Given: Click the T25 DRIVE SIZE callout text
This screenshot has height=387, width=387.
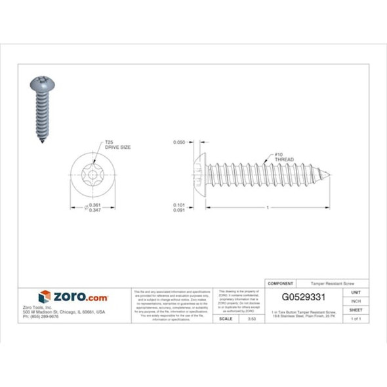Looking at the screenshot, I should (x=117, y=144).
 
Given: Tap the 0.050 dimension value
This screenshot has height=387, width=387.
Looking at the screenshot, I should (x=178, y=142).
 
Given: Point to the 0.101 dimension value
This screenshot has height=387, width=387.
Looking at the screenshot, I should (x=178, y=204).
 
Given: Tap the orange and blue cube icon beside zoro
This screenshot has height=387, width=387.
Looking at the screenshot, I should (x=44, y=297).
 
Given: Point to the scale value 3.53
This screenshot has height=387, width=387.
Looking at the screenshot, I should (x=251, y=318).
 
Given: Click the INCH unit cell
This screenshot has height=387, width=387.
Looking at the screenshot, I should (x=356, y=300).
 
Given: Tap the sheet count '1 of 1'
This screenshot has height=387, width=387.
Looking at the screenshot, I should (x=356, y=318).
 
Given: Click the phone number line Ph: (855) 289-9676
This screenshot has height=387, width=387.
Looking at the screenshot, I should (x=41, y=316).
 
